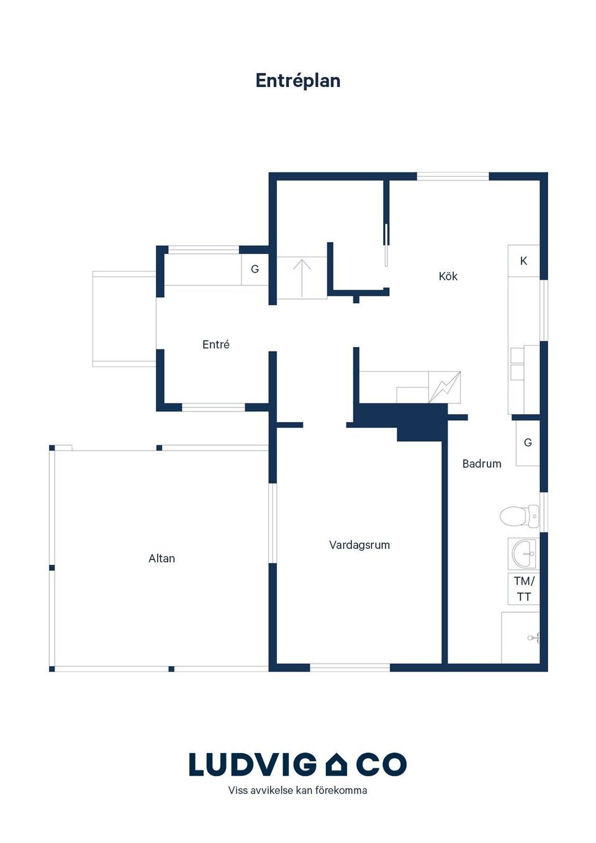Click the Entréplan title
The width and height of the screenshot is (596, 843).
click(x=297, y=81)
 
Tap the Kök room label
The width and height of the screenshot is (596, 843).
click(x=448, y=276)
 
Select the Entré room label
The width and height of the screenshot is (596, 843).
click(x=215, y=345)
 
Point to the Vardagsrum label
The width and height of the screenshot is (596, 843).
click(x=359, y=545)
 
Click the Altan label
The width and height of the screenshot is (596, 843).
click(x=162, y=558)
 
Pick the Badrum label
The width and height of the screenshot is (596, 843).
click(x=482, y=464)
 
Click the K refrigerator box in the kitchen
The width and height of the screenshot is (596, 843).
click(x=524, y=261)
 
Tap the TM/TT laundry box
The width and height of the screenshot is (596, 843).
click(x=524, y=589)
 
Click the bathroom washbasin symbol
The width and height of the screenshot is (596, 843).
click(x=523, y=554)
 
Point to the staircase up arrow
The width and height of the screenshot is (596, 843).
click(x=302, y=277)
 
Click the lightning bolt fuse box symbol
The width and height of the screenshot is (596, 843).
click(x=445, y=387)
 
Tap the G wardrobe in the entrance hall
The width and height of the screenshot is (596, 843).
click(x=255, y=269)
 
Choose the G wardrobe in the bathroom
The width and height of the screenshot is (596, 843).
click(x=528, y=443)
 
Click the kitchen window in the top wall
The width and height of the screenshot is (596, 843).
click(x=453, y=176)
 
